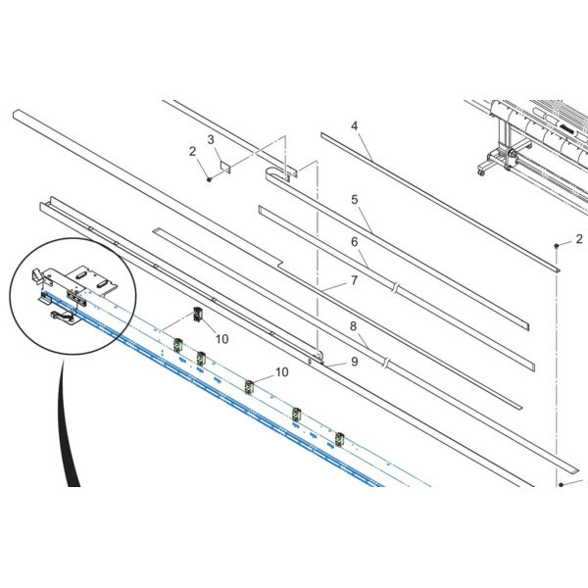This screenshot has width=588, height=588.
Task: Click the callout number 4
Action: pyautogui.click(x=355, y=126)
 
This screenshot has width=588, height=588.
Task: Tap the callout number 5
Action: pyautogui.click(x=355, y=200)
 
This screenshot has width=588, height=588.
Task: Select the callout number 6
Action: pyautogui.click(x=355, y=242)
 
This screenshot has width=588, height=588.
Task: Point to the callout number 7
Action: pyautogui.click(x=355, y=280)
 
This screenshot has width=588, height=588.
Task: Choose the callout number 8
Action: pyautogui.click(x=353, y=326)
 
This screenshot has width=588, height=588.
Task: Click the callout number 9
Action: pyautogui.click(x=355, y=362)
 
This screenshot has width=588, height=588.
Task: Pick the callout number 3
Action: pyautogui.click(x=211, y=139)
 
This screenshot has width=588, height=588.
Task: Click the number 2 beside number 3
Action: pyautogui.click(x=192, y=151)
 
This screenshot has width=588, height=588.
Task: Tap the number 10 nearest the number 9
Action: pyautogui.click(x=282, y=372)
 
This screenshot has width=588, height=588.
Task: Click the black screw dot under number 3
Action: pyautogui.click(x=210, y=179)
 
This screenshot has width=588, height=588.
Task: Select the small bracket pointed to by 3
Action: pyautogui.click(x=225, y=167)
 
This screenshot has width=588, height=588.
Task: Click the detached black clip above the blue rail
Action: pyautogui.click(x=198, y=314)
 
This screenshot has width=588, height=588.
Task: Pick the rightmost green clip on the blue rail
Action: pyautogui.click(x=339, y=439)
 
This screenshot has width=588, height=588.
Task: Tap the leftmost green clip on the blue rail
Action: pyautogui.click(x=177, y=345)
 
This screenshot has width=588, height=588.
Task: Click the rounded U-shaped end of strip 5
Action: pyautogui.click(x=270, y=174)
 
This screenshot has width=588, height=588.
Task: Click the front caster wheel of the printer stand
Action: pyautogui.click(x=481, y=172)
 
